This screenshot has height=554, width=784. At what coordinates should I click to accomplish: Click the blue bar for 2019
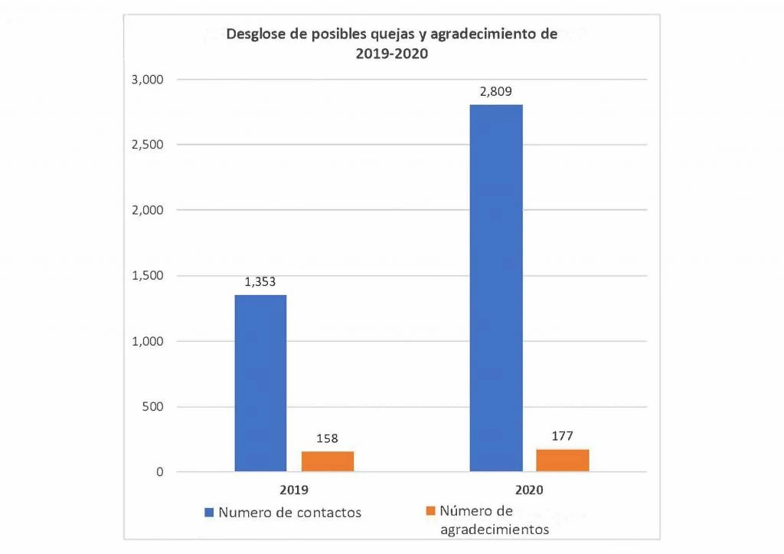coord(260,383)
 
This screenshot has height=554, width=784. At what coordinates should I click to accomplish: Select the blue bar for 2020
coord(496,287)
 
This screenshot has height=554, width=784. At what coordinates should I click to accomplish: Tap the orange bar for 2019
coord(328,461)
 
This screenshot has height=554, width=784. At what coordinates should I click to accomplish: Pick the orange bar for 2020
coord(563,460)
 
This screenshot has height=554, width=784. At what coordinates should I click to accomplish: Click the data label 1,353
coord(260,282)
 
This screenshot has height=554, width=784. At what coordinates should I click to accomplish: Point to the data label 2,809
coord(496,91)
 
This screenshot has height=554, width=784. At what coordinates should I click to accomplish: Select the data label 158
coord(328,439)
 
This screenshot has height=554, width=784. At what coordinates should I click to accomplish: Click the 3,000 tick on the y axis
coord(149,80)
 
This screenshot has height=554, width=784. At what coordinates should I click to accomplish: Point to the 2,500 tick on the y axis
coord(149,145)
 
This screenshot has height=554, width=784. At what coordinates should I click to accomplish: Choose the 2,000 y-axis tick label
coord(149,210)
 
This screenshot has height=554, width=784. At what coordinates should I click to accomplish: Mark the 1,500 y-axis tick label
coord(149,276)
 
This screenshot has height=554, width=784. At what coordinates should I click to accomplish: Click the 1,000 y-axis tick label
coord(149,341)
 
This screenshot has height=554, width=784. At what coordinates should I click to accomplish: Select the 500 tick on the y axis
coord(154,407)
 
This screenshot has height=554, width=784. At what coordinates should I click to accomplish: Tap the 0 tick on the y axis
coord(160,472)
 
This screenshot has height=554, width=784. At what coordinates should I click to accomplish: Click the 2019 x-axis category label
coord(294,490)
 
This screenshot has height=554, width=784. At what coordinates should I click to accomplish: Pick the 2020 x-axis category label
coord(530,490)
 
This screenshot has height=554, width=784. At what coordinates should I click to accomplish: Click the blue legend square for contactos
coord(209,512)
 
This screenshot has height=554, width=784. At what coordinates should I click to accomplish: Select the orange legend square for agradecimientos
coord(430,510)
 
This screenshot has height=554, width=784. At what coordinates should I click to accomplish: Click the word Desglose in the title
coord(255,35)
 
